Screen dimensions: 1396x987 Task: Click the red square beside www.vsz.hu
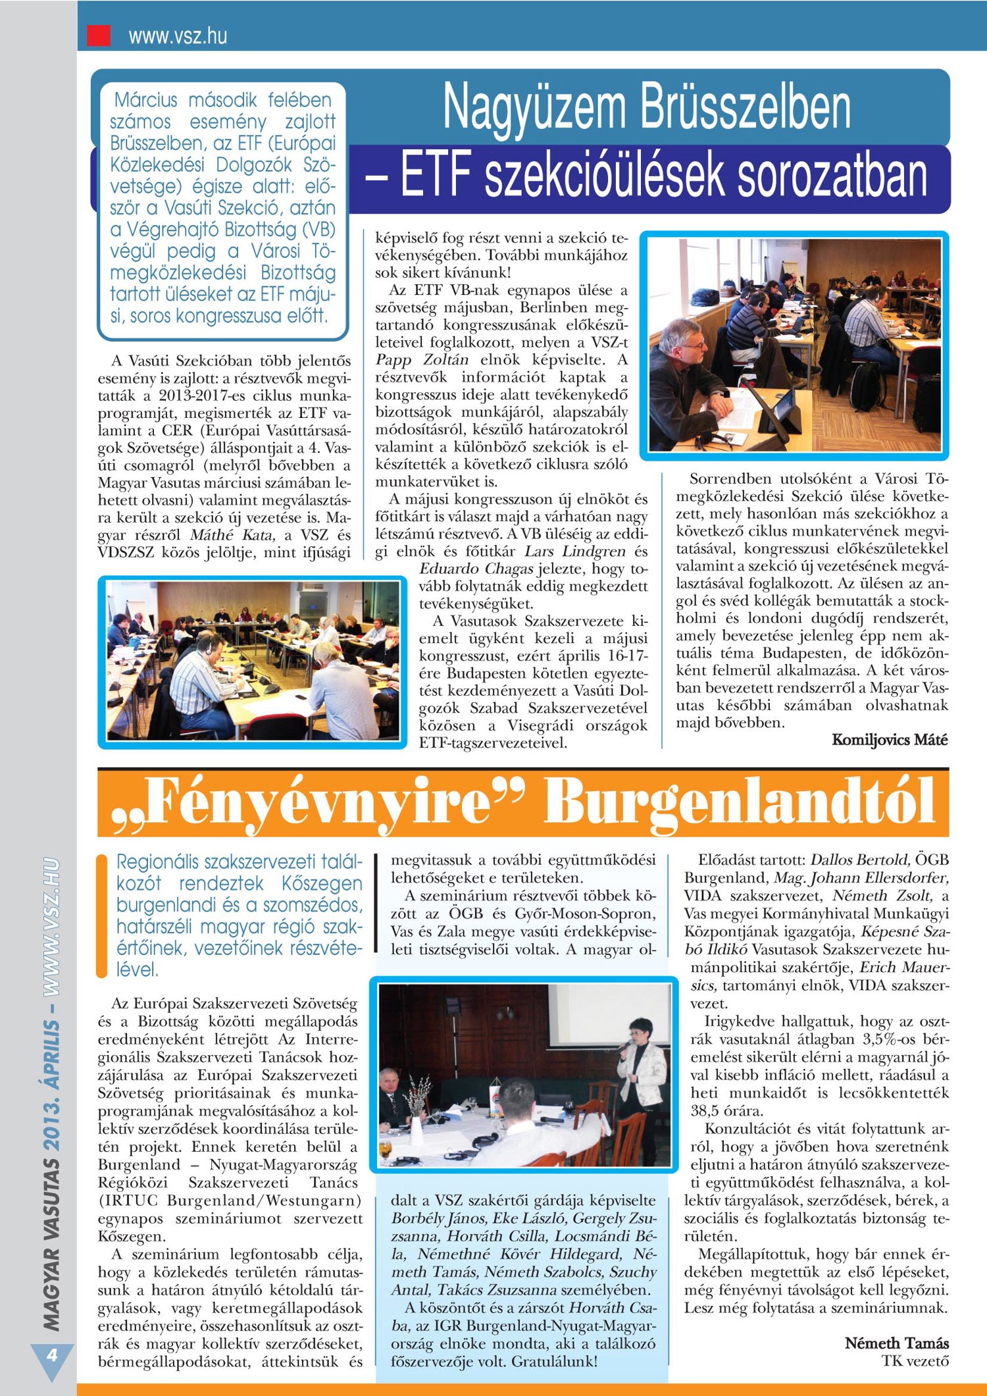tap(99, 35)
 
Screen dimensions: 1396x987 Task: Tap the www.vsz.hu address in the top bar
tap(178, 36)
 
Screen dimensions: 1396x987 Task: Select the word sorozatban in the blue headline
tap(832, 176)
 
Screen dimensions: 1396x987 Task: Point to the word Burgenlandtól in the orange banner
tap(739, 801)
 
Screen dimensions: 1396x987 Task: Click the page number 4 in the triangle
tap(51, 1355)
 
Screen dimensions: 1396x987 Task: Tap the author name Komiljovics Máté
tap(890, 740)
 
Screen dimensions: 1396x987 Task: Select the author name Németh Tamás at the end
tap(896, 1343)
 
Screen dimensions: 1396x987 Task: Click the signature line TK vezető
tap(915, 1361)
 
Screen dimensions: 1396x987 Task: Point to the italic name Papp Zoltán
tap(422, 360)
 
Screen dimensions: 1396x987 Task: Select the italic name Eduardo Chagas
tap(476, 569)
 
